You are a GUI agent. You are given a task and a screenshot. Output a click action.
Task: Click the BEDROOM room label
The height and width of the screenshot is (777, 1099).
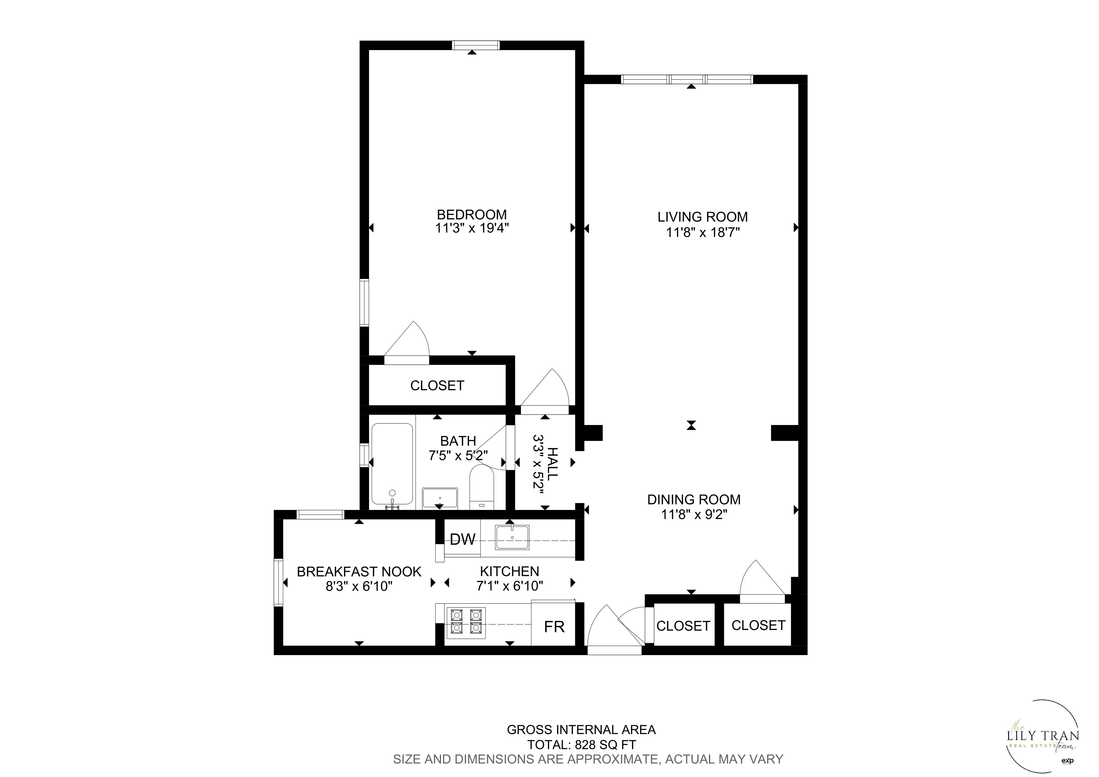click(x=471, y=214)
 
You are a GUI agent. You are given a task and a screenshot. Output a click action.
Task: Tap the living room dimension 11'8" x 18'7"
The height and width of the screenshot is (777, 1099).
click(x=703, y=233)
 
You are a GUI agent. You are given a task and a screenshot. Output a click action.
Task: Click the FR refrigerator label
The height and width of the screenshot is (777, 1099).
click(x=554, y=627)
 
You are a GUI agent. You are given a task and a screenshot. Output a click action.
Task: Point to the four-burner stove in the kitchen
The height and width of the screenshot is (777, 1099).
click(x=466, y=622)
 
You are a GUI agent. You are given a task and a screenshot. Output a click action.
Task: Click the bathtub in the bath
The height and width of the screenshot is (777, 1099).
click(x=392, y=464)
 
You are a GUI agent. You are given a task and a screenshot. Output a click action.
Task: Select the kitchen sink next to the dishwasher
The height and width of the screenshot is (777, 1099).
click(x=512, y=537)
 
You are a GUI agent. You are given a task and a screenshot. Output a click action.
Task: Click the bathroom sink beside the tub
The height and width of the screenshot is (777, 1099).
click(x=440, y=498)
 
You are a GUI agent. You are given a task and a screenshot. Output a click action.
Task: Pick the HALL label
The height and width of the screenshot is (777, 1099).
click(x=552, y=464)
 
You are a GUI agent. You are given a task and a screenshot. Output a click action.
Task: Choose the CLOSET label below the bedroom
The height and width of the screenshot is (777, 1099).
click(x=437, y=386)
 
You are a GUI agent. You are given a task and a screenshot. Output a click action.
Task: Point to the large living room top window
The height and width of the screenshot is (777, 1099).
click(x=687, y=80)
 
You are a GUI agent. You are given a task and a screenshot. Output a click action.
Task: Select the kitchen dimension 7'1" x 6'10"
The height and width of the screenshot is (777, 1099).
click(x=509, y=585)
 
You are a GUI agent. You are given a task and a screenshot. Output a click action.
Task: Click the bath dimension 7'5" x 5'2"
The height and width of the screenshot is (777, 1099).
click(x=458, y=455)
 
